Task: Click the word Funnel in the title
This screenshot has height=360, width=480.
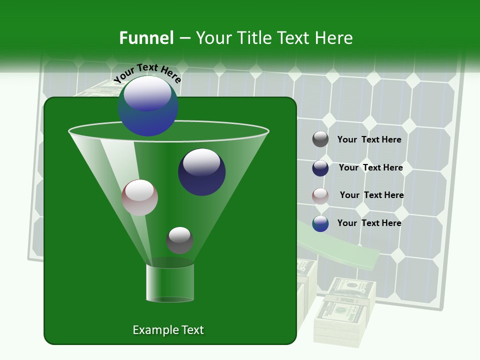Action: [146, 38]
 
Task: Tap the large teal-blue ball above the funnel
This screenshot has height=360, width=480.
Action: [148, 105]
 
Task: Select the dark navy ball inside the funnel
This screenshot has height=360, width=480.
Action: [201, 172]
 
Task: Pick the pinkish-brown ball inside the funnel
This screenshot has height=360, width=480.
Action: [139, 197]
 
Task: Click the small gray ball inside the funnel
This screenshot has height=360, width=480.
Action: [179, 240]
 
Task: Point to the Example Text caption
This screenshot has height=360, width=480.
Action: [168, 330]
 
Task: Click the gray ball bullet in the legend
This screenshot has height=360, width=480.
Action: [320, 139]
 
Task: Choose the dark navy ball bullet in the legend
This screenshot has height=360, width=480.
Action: [320, 168]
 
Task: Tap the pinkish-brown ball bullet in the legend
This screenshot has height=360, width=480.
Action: [320, 196]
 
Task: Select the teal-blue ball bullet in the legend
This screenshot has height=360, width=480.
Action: [320, 223]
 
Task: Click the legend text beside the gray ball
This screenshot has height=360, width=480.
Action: [369, 140]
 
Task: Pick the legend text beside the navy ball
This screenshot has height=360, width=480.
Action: [370, 168]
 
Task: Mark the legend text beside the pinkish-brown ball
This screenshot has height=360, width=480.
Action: [371, 195]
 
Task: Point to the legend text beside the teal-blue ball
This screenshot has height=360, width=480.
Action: [369, 223]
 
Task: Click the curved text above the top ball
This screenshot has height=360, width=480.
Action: [147, 72]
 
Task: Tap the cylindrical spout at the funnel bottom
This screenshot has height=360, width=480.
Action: [170, 283]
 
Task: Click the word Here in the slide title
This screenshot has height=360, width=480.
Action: [329, 38]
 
